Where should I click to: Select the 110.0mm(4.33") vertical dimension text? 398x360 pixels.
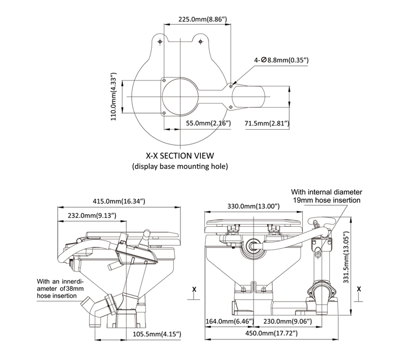coord(114,96)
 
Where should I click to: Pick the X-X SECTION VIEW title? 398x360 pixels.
coord(179,156)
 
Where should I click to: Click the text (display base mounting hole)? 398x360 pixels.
coord(179,166)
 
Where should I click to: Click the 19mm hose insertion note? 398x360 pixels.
coord(327,196)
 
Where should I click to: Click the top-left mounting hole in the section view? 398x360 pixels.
coord(160,42)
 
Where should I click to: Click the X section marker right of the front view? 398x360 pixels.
coord(359,289)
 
